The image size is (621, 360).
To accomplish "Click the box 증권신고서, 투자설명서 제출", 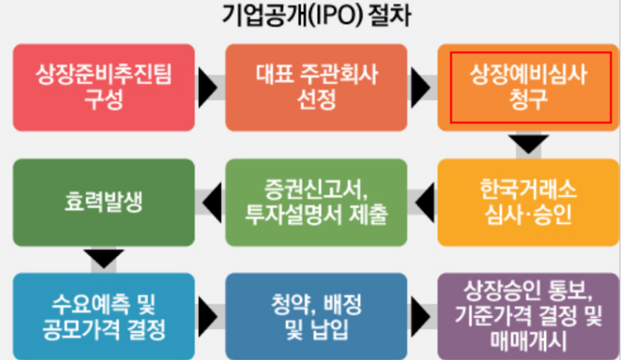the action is click(315, 202).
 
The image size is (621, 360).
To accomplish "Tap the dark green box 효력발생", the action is click(104, 202).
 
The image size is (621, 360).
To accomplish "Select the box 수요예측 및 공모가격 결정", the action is click(104, 316).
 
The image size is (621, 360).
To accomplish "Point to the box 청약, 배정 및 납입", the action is click(315, 316).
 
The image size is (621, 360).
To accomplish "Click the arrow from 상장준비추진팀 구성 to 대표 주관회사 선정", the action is click(207, 87).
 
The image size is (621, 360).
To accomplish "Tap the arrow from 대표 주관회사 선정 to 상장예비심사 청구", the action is click(421, 87).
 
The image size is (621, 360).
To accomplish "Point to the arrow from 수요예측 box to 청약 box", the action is click(207, 316).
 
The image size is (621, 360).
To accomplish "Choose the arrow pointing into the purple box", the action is click(421, 316).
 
